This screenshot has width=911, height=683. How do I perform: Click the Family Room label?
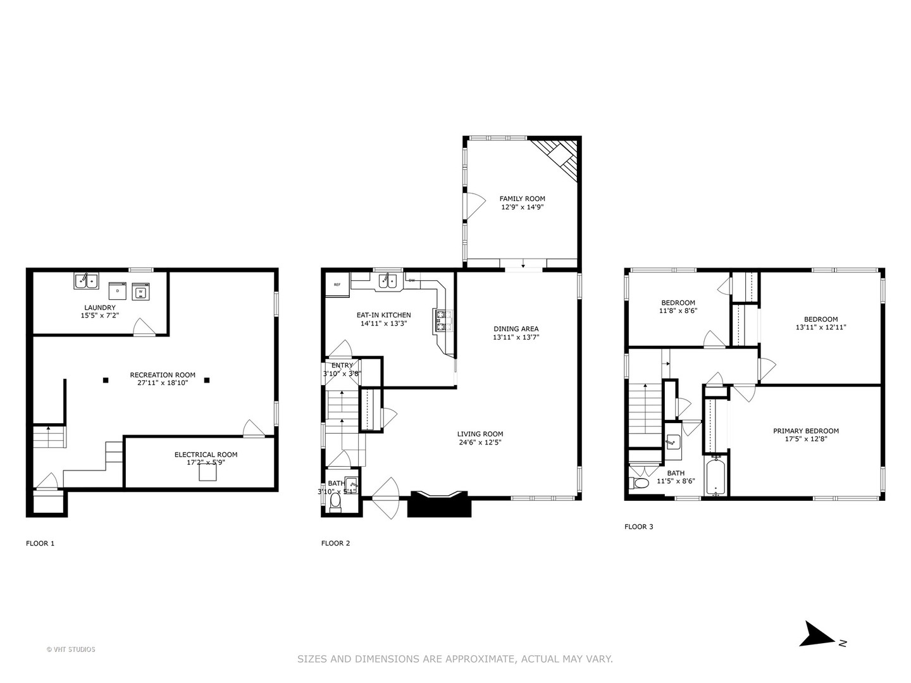[522, 199]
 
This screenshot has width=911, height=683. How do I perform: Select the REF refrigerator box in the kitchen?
[337, 285]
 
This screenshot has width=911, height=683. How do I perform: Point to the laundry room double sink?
[86, 280]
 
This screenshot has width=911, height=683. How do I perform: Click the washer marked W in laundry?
[140, 292]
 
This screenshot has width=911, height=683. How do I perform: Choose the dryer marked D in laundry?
[118, 290]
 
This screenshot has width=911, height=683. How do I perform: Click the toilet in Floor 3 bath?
[640, 484]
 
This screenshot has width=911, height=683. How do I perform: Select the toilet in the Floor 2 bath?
[336, 503]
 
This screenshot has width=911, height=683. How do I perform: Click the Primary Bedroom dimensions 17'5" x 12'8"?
[805, 439]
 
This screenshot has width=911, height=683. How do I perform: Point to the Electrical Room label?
[206, 455]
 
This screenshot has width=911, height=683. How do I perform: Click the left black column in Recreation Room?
[106, 380]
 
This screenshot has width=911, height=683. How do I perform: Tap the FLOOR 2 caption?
[335, 543]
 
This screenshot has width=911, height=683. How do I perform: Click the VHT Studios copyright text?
[71, 649]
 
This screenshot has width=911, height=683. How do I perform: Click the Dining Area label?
[516, 329]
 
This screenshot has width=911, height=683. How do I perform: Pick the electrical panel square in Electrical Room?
[208, 473]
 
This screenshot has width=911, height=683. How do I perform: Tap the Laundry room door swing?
[144, 326]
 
